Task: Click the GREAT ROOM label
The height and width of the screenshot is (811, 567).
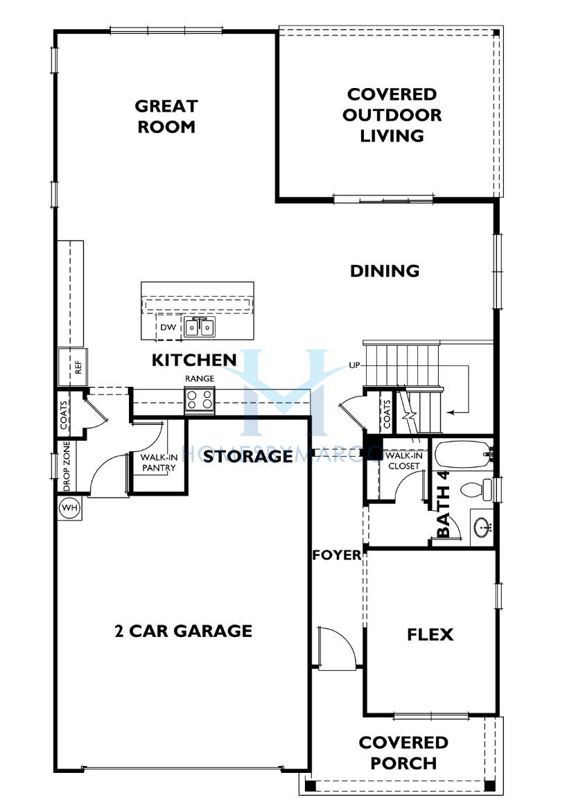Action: [x=166, y=116]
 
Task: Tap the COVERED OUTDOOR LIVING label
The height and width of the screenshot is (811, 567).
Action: [x=392, y=115]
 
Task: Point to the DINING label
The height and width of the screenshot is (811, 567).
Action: [x=385, y=270]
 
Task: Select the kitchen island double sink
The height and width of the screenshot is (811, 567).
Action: [x=200, y=327]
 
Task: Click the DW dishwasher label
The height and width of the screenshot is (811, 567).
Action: [x=168, y=327]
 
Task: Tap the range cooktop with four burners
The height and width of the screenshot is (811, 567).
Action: [x=200, y=400]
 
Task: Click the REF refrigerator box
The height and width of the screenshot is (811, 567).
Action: [x=73, y=367]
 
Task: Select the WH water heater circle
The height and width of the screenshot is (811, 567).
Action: [x=70, y=507]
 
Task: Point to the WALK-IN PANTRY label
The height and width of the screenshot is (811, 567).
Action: [x=159, y=462]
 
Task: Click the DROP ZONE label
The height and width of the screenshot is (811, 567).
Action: [x=67, y=466]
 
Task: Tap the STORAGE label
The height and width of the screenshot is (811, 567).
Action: [x=248, y=455]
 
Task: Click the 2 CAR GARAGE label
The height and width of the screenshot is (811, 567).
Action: [x=183, y=631]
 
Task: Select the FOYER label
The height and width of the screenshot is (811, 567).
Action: [x=337, y=555]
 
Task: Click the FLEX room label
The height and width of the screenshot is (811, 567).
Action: [x=430, y=634]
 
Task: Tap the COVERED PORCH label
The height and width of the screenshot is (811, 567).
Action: [x=403, y=753]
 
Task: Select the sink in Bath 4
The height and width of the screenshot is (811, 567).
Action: [x=482, y=527]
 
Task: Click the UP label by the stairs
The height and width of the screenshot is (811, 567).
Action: [x=354, y=365]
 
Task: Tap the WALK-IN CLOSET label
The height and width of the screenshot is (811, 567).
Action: [x=404, y=460]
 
